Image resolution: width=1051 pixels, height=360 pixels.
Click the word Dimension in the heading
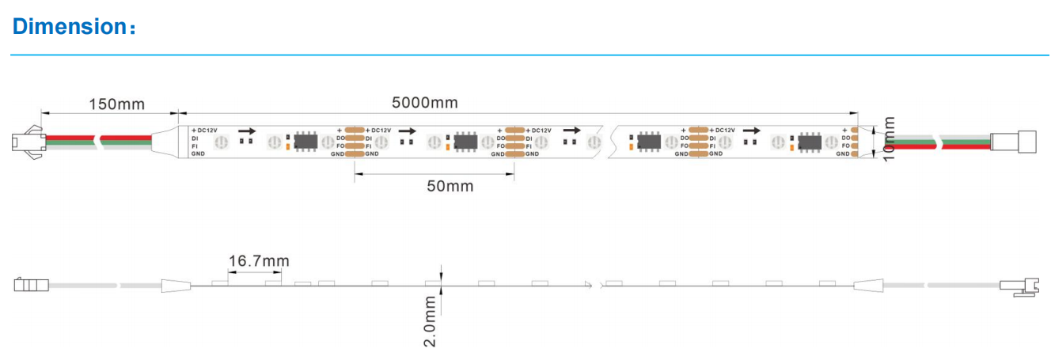tap(70, 26)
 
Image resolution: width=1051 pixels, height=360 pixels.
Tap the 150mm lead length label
tap(117, 104)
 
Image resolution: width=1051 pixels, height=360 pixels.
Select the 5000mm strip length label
tap(425, 103)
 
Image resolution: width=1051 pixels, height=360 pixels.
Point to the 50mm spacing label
tap(450, 187)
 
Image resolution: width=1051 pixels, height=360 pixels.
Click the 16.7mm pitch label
tap(259, 261)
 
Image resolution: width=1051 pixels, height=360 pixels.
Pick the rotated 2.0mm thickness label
tap(430, 321)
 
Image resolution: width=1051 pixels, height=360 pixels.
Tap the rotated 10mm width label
tap(889, 139)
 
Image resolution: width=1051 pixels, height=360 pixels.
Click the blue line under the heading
tap(529, 55)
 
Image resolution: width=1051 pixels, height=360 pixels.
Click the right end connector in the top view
tap(1013, 142)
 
